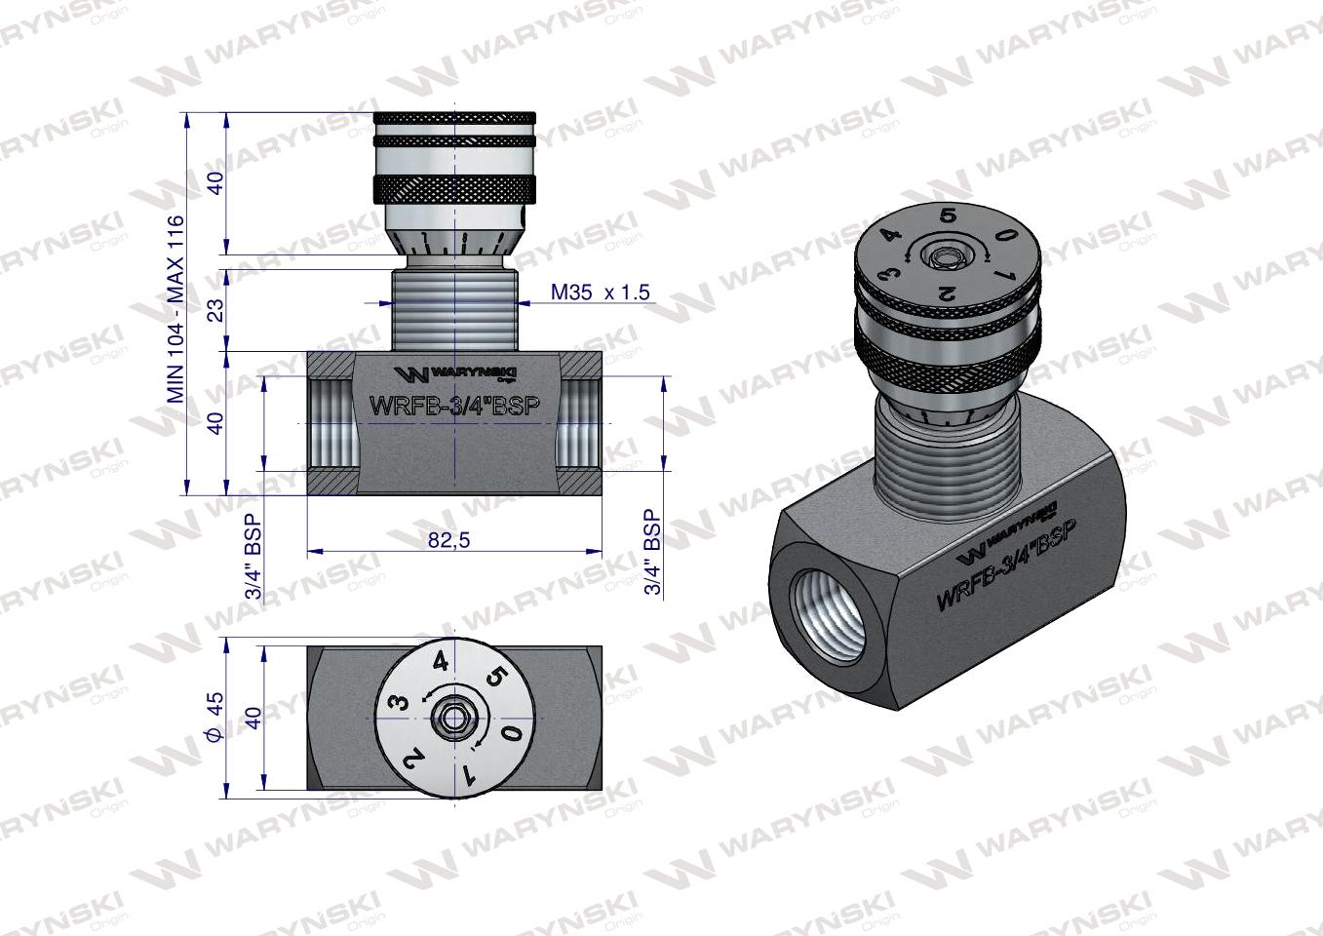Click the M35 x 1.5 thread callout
coord(599,292)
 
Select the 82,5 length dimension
coord(448,539)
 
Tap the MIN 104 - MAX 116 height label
coord(175,309)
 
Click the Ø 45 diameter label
coord(215,716)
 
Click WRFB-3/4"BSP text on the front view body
coord(453,406)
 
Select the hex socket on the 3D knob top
coord(943,258)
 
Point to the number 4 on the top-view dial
coord(441,662)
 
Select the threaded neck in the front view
coord(454,310)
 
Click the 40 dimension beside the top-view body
coord(253,718)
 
